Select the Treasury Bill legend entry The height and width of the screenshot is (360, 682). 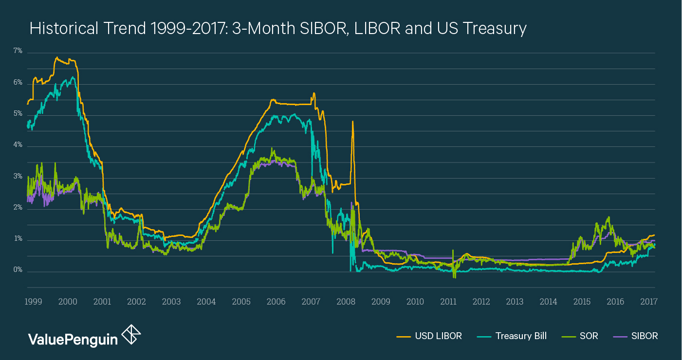point(521,336)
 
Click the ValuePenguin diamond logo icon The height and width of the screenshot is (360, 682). point(131,335)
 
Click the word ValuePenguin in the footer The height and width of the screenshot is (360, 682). point(73,339)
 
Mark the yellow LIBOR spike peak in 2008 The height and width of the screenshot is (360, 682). point(352,122)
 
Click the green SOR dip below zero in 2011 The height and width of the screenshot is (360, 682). point(454,277)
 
